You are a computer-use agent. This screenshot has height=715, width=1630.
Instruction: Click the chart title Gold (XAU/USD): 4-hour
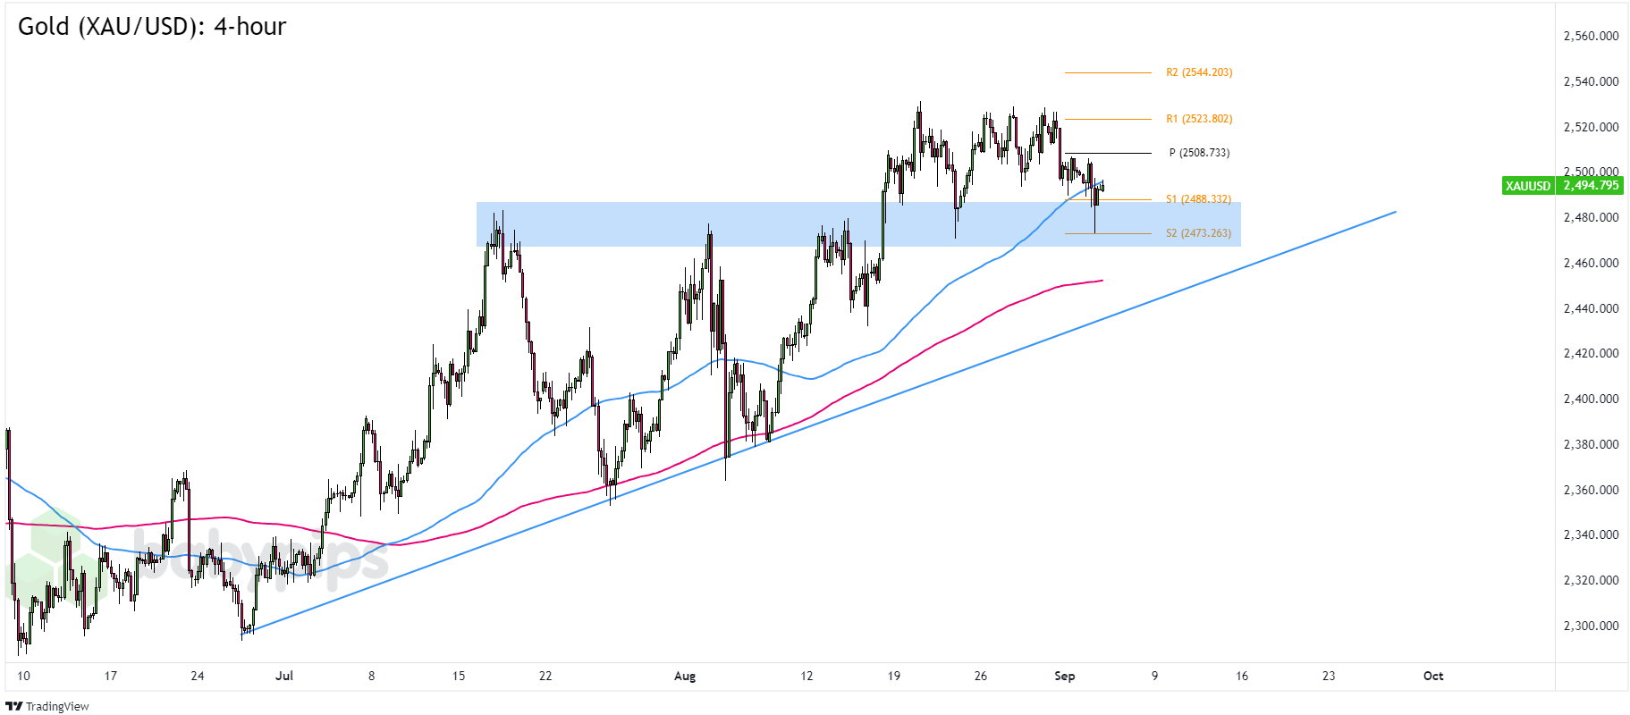(152, 27)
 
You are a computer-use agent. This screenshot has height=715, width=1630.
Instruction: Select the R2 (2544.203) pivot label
(1198, 72)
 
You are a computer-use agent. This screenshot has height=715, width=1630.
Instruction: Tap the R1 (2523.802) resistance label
(1198, 119)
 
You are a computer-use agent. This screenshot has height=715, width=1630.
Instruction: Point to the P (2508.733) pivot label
(1199, 153)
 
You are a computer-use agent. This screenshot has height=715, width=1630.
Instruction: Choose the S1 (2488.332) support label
(1198, 199)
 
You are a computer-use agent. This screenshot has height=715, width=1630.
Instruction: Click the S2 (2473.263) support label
(1198, 233)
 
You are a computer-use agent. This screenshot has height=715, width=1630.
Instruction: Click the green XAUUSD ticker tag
(1527, 186)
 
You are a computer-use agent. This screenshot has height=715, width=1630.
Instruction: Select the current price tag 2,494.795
(1591, 186)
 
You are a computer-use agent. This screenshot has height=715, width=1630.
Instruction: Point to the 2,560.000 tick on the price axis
(1591, 37)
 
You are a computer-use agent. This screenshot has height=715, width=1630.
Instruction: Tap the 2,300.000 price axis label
(1591, 626)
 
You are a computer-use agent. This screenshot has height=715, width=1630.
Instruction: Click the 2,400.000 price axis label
(1591, 399)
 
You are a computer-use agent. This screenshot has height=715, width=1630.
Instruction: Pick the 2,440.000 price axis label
(1591, 308)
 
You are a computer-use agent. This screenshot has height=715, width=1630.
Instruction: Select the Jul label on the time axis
(284, 676)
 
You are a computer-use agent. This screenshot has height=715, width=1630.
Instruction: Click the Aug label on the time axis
(685, 676)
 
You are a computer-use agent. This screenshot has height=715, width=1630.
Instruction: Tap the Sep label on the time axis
(1064, 676)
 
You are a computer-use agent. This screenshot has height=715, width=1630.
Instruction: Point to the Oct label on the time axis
(1433, 676)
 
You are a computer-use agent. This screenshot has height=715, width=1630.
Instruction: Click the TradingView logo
(48, 706)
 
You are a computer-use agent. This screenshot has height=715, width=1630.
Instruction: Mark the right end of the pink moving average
(1102, 281)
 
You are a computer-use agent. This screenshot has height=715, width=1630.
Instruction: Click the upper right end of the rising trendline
(1396, 212)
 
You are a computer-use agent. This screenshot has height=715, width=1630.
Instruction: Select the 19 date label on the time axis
(893, 676)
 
